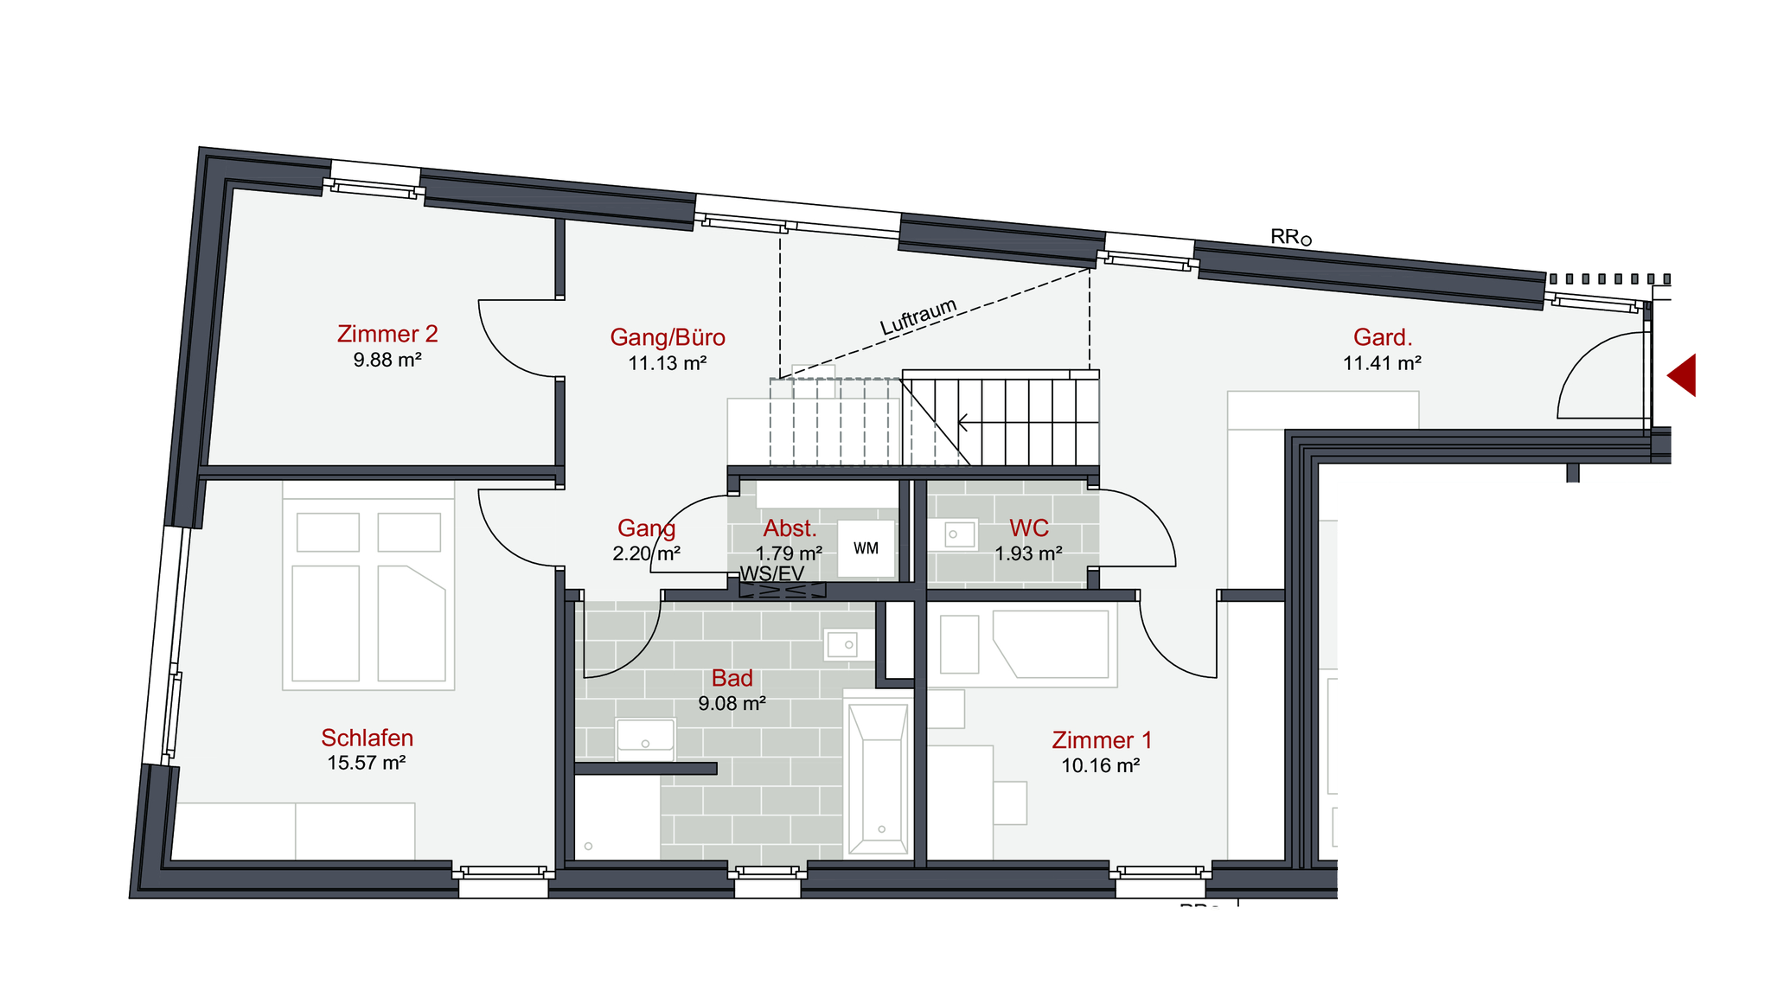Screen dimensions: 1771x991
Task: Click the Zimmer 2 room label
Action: tap(387, 334)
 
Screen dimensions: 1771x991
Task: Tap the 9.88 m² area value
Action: tap(387, 360)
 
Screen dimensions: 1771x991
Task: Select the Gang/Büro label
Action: tap(668, 337)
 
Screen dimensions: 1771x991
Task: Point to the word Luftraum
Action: tap(919, 316)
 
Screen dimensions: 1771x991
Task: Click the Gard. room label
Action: tap(1383, 337)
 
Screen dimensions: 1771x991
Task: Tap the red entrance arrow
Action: tap(1682, 375)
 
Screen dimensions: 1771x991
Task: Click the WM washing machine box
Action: tap(866, 548)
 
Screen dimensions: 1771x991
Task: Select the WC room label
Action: tap(1029, 527)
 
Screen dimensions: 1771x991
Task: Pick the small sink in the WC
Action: tap(953, 534)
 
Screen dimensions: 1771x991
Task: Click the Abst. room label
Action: tap(790, 528)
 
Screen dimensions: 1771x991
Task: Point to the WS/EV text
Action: tap(772, 573)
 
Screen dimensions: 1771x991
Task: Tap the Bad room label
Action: tap(732, 678)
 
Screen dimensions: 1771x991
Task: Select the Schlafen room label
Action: tap(368, 738)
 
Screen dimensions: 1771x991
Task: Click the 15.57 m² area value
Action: tap(367, 763)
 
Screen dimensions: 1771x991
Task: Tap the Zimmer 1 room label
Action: tap(1102, 740)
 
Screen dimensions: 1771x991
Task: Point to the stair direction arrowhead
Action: tap(962, 423)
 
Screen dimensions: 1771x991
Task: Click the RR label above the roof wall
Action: tap(1291, 237)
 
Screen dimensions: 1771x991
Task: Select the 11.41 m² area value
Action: tap(1383, 363)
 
